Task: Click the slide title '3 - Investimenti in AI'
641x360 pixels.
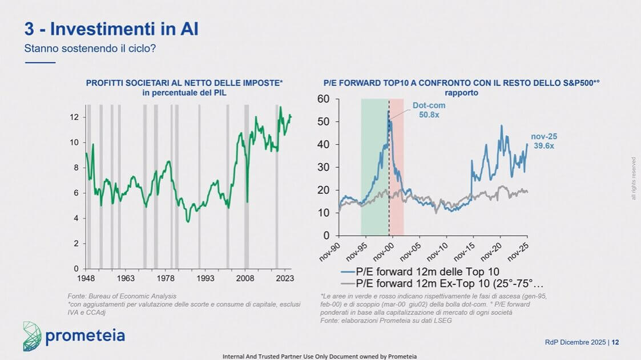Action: coord(111,28)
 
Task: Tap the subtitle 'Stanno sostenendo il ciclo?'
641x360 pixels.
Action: coord(90,48)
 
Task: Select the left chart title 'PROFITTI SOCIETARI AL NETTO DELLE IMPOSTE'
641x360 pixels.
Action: coord(184,83)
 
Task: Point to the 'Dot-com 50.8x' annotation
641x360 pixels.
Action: coord(429,110)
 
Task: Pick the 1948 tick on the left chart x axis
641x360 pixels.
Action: coord(86,278)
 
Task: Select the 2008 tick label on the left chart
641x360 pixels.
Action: coord(245,278)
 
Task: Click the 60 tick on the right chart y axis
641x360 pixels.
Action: coord(324,99)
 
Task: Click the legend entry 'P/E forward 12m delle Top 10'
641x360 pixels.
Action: coord(420,272)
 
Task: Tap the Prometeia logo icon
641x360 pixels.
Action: coord(32,336)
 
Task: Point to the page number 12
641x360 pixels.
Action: coord(616,342)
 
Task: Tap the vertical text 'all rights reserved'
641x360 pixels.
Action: coord(633,178)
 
